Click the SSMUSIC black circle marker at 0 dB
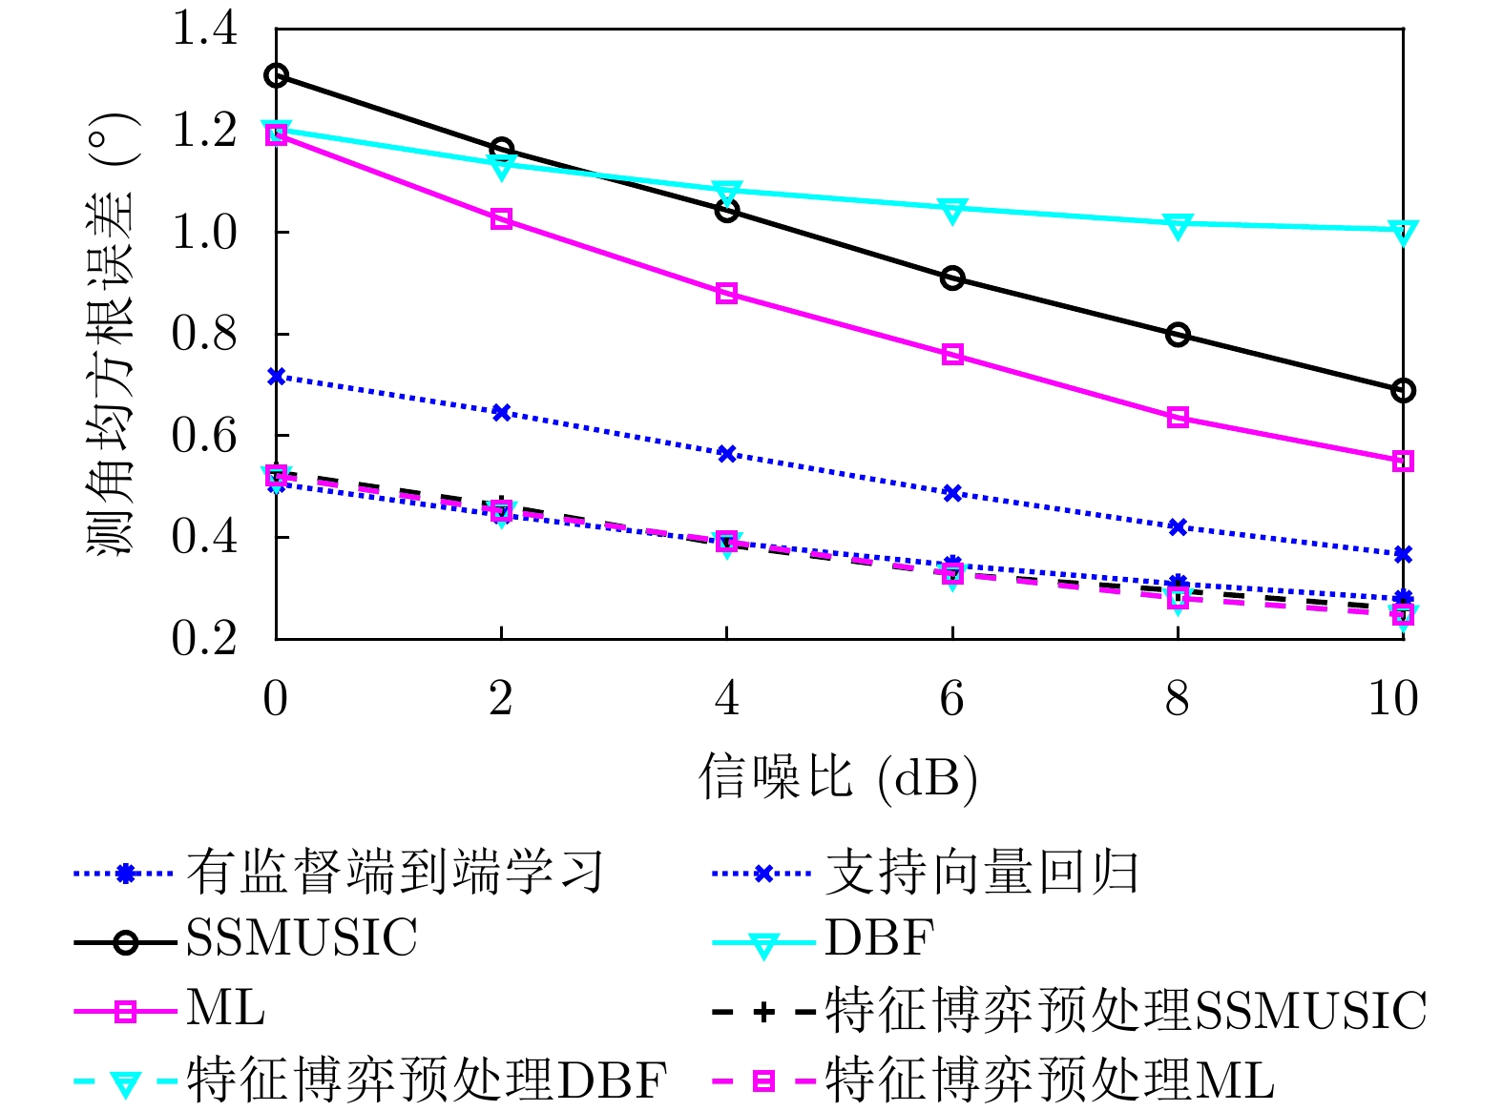pos(276,75)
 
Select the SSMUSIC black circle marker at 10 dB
pos(1403,390)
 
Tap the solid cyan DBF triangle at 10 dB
pos(1403,231)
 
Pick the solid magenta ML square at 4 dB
pos(726,294)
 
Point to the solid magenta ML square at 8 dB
pos(1178,418)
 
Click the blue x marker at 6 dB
pos(951,493)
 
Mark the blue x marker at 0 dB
pos(276,377)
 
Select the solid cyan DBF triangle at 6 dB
pos(951,210)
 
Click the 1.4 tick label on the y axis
pos(203,30)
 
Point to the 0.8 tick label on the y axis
pos(203,334)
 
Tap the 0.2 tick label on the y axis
pos(203,638)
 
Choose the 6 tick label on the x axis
pos(951,699)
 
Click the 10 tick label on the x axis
pos(1393,699)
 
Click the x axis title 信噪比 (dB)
pos(838,776)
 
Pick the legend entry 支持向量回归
pos(981,873)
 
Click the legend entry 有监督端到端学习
pos(394,873)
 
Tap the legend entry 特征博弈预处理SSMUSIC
pos(1125,1011)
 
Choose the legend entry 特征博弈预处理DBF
pos(427,1080)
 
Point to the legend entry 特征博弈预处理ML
pos(1049,1080)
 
